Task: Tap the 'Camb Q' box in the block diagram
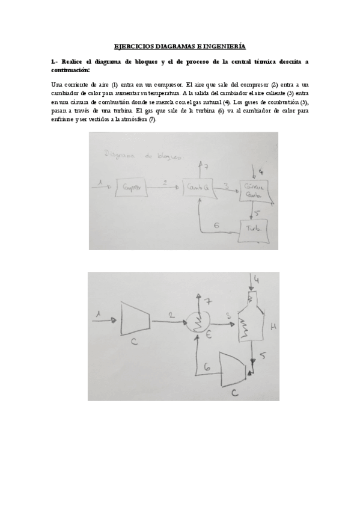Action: tap(199, 187)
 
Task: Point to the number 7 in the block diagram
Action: tap(205, 165)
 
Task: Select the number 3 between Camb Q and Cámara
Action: tap(226, 185)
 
